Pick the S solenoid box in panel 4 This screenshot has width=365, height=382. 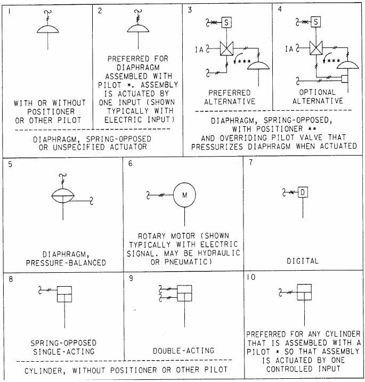click(x=316, y=22)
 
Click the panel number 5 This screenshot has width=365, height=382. click(x=11, y=164)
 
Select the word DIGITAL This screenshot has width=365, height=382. click(x=303, y=261)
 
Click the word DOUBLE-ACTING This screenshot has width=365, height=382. click(x=184, y=350)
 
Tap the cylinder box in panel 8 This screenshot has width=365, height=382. click(x=64, y=291)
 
